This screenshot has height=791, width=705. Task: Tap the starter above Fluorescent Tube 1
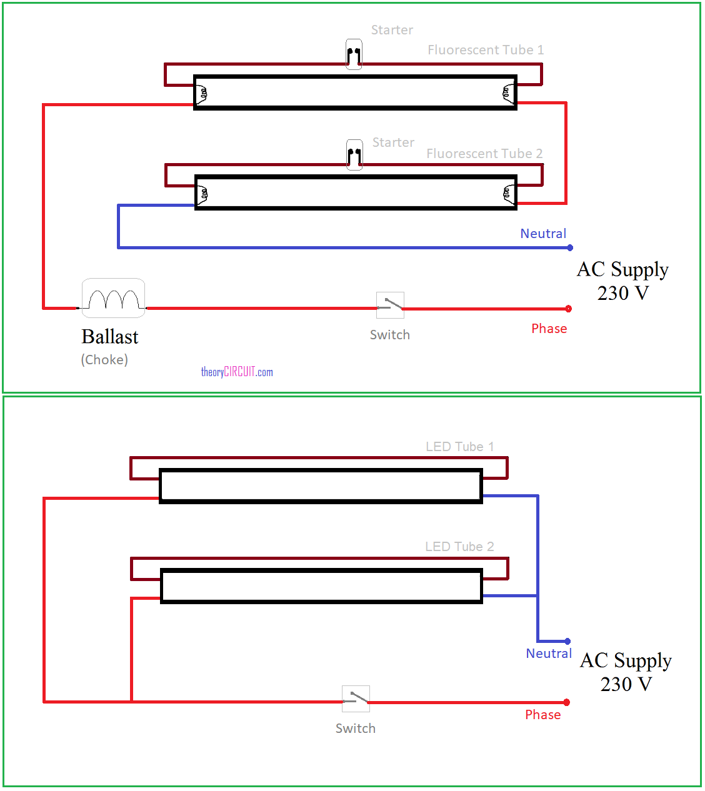354,54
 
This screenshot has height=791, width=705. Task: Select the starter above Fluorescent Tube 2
354,155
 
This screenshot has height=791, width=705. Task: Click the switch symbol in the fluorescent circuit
390,306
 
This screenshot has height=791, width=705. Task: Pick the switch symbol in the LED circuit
356,699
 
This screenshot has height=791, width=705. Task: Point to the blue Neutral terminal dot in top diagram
570,247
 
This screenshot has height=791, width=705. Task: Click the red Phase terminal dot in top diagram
569,309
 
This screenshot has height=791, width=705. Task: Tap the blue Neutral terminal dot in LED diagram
567,641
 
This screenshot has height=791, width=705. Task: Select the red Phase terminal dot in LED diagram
567,702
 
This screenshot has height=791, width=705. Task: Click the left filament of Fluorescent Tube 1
201,94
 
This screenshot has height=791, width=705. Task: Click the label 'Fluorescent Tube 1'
486,50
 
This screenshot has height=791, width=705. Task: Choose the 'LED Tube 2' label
459,547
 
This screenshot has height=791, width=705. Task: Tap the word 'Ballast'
110,337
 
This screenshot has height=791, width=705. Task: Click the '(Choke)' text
104,360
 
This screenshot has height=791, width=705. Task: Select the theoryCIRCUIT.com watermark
237,372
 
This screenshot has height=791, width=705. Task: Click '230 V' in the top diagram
623,293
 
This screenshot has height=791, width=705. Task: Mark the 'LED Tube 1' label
460,447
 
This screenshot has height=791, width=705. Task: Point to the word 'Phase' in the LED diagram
543,715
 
